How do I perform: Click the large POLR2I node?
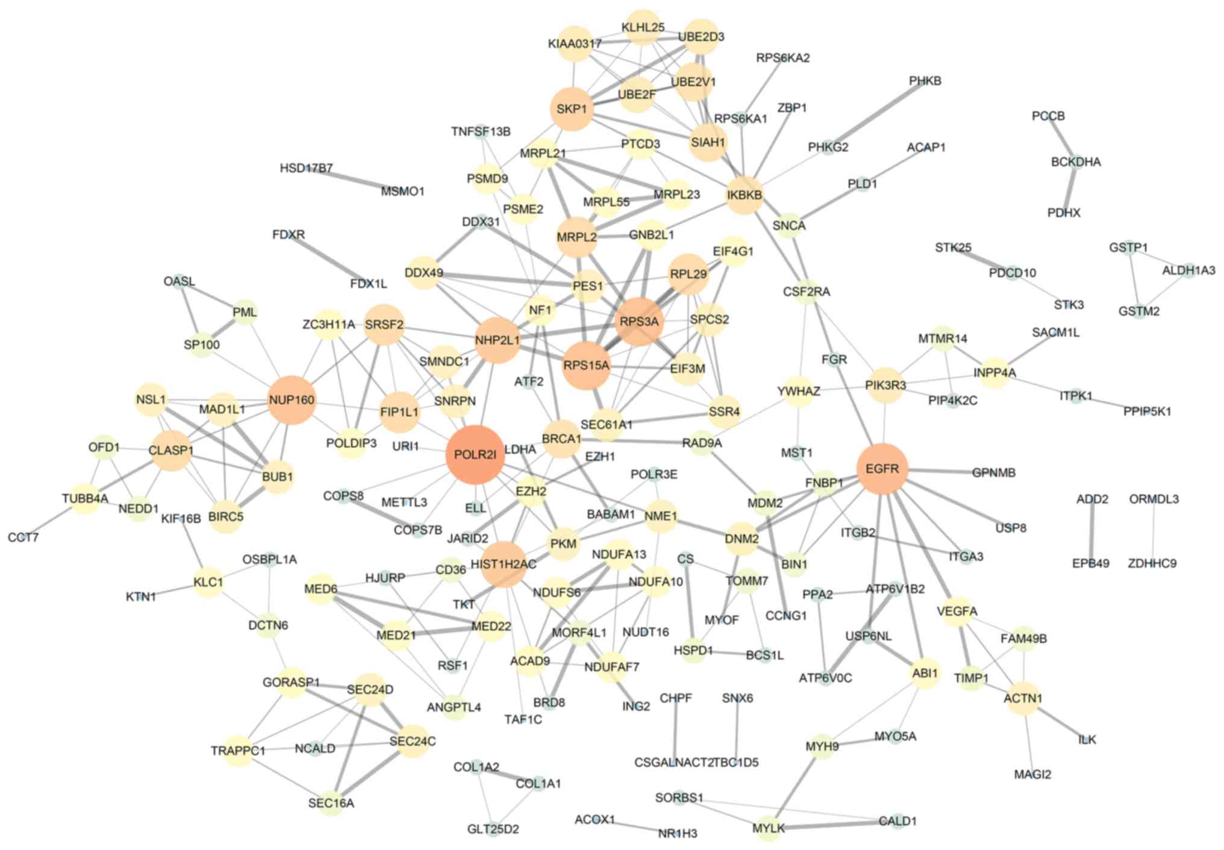[x=475, y=455]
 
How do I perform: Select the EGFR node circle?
[x=882, y=469]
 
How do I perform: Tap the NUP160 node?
[x=292, y=400]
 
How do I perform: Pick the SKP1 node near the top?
[x=572, y=109]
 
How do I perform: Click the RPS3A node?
[x=639, y=322]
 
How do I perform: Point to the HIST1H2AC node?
[x=504, y=564]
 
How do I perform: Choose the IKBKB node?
[x=745, y=195]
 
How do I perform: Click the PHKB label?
[x=925, y=81]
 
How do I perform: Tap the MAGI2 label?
[x=1032, y=774]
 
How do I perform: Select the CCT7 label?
[x=23, y=537]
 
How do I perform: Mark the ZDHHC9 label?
[x=1152, y=563]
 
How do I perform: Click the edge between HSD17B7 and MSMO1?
[x=355, y=180]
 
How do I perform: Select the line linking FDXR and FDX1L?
[x=329, y=259]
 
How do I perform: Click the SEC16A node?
[x=331, y=803]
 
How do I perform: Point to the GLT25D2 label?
[x=493, y=830]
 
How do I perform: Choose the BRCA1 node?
[x=561, y=439]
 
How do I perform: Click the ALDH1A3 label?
[x=1188, y=270]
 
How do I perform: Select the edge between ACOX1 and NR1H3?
[x=636, y=827]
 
